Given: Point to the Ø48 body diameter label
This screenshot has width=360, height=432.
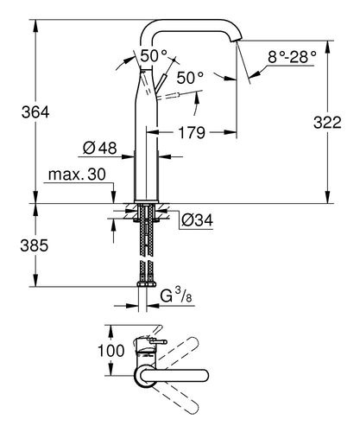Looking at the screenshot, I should (101, 148).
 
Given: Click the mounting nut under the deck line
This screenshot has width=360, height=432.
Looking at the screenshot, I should (143, 210).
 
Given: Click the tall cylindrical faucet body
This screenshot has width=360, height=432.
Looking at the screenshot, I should (143, 147).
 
